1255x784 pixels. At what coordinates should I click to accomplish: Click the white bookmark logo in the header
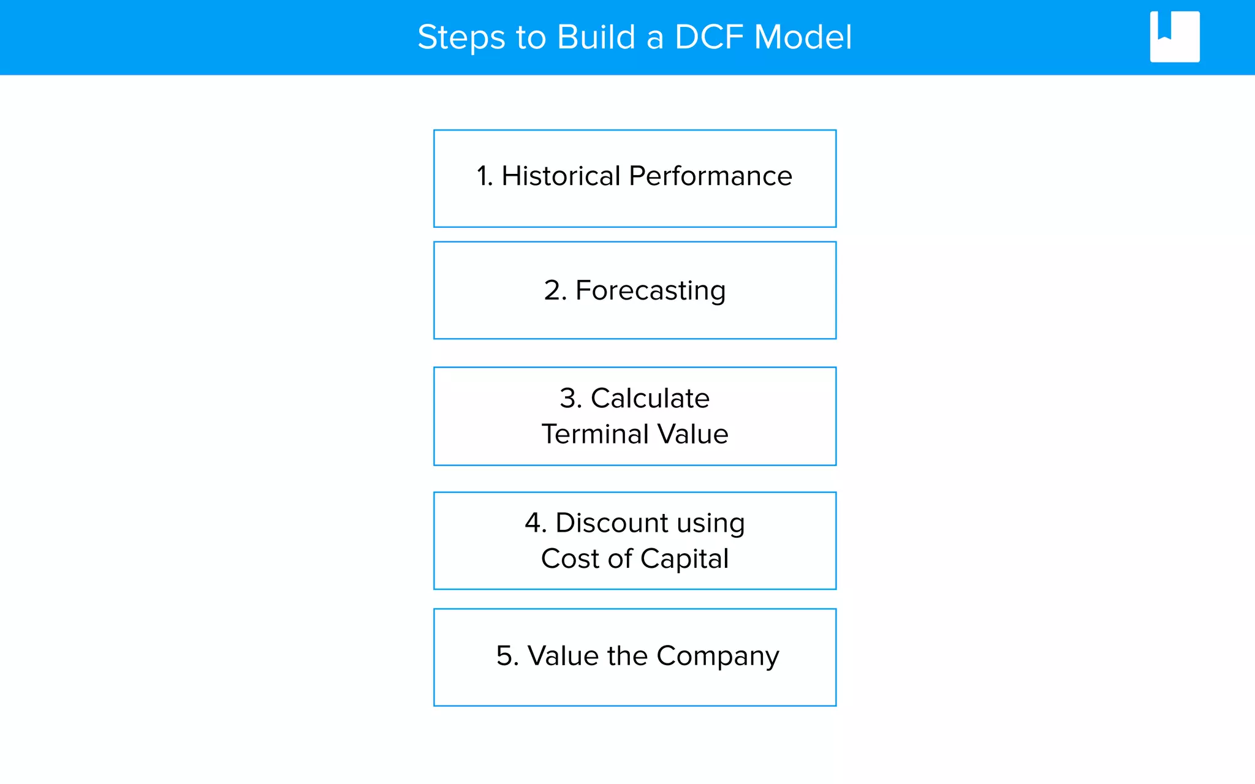[1174, 37]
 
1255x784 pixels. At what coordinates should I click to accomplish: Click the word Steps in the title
[461, 38]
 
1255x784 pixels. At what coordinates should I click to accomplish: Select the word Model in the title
[802, 37]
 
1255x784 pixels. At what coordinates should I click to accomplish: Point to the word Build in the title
[596, 37]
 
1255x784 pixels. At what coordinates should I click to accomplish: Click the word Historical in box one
[561, 176]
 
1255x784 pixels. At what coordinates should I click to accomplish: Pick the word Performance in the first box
[710, 176]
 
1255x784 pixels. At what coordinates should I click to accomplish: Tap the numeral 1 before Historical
[483, 176]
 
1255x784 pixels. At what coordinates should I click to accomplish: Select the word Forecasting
[650, 290]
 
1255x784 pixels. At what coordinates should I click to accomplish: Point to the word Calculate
[650, 398]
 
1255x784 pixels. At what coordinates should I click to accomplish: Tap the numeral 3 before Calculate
[569, 398]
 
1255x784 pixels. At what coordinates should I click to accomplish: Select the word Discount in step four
[612, 523]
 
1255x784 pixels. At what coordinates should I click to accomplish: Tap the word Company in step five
[718, 657]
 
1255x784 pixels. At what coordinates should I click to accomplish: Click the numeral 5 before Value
[506, 656]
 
